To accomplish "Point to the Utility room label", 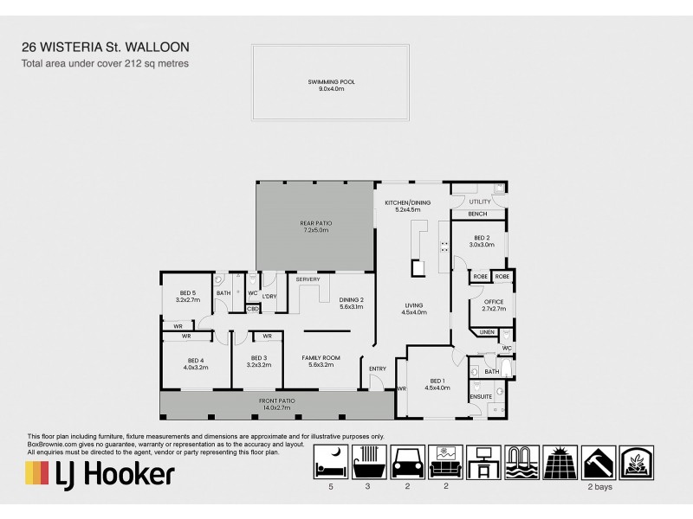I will [x=479, y=201].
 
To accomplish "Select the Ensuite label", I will [x=481, y=396].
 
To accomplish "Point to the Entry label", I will [x=377, y=369].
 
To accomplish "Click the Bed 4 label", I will [x=195, y=362].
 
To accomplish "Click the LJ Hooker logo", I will [x=100, y=474].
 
